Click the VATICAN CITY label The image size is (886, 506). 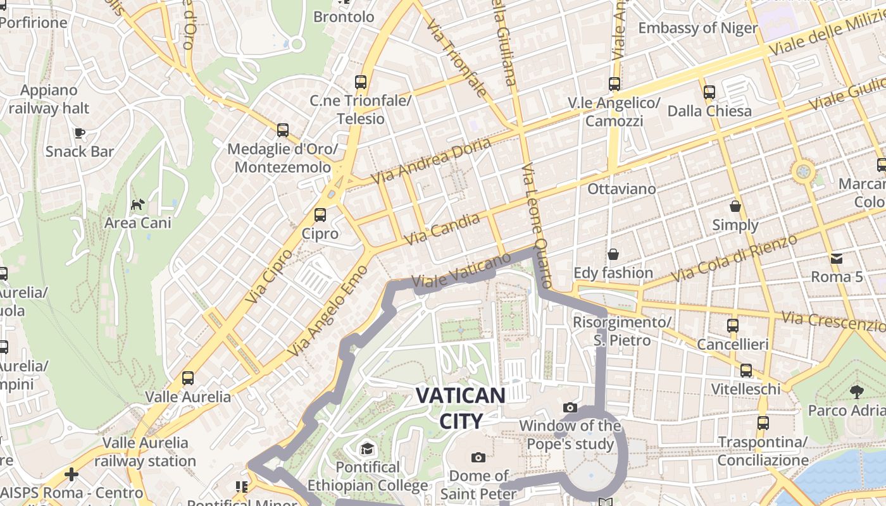click(x=460, y=408)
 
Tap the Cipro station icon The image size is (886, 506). click(x=320, y=215)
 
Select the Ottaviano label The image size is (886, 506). click(x=622, y=188)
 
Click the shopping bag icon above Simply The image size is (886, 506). click(x=735, y=206)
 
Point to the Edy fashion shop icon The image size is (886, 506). click(x=613, y=254)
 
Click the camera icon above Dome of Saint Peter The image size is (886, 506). click(x=478, y=457)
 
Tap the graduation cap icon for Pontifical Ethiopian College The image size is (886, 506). click(x=367, y=449)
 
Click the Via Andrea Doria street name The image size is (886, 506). click(x=431, y=161)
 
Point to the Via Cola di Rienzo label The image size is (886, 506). click(x=734, y=259)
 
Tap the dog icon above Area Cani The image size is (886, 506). click(x=137, y=204)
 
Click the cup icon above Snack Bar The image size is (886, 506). click(x=79, y=133)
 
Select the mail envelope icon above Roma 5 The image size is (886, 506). click(x=837, y=258)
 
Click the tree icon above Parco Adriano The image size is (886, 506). click(x=857, y=392)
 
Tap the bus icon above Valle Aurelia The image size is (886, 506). click(x=188, y=378)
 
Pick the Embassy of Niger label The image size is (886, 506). click(x=697, y=28)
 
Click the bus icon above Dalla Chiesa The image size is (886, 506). click(x=709, y=92)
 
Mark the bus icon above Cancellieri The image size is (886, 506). click(x=733, y=326)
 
